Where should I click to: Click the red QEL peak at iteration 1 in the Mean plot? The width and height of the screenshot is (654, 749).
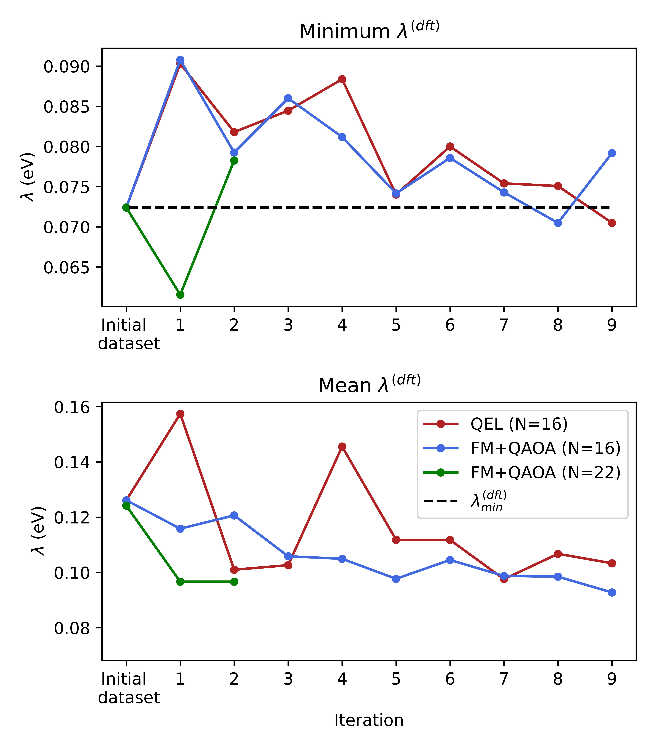click(x=180, y=414)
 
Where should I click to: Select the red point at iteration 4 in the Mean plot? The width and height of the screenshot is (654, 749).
click(x=342, y=447)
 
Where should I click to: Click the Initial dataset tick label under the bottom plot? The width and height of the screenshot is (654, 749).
click(x=128, y=688)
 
